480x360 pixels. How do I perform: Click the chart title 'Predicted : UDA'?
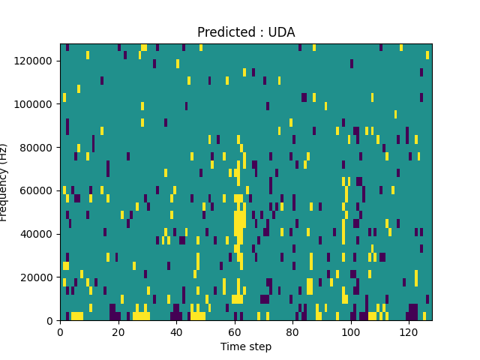click(246, 32)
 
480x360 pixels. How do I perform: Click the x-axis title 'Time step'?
click(246, 346)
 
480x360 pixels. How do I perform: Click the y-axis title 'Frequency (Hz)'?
click(4, 182)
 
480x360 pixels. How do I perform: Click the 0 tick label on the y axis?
click(52, 321)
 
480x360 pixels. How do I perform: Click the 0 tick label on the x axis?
click(60, 331)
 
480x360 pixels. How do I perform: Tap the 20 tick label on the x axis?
click(118, 331)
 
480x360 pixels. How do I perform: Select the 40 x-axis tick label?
click(176, 331)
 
